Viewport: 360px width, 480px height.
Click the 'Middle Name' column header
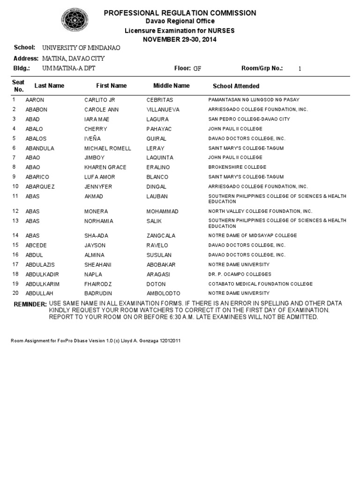[172, 86]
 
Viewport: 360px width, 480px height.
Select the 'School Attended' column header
[236, 86]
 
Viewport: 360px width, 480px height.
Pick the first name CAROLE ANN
[102, 110]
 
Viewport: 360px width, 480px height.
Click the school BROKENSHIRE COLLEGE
[237, 167]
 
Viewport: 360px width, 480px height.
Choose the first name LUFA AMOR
[99, 177]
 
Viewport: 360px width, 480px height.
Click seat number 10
[15, 187]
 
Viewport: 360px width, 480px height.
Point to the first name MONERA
[96, 211]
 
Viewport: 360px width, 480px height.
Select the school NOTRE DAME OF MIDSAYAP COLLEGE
[253, 236]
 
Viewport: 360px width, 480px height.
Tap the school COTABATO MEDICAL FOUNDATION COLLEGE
[260, 284]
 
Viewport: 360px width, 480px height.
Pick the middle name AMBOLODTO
[163, 293]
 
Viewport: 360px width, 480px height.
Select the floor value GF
[197, 68]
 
